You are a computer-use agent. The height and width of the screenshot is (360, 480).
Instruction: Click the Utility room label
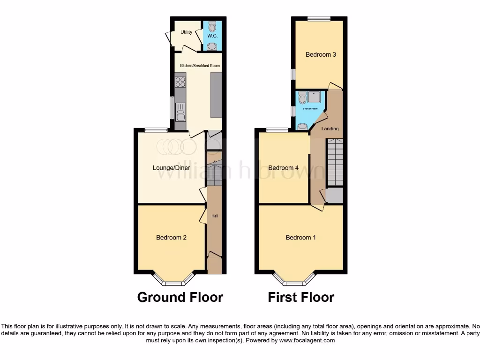click(186, 32)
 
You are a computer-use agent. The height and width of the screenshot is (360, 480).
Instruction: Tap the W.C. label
click(212, 36)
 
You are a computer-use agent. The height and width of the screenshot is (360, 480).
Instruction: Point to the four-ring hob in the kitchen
click(180, 82)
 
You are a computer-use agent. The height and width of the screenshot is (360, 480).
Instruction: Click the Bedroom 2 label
click(171, 238)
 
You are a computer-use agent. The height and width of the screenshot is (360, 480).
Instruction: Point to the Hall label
click(215, 216)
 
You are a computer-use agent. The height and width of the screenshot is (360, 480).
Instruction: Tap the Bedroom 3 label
click(321, 54)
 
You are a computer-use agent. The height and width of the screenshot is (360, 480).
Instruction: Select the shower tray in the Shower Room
click(314, 97)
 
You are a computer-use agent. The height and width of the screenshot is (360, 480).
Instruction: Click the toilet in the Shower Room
click(302, 98)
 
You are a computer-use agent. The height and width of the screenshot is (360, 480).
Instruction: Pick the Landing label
click(330, 128)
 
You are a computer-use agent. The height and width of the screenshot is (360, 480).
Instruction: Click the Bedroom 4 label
click(283, 168)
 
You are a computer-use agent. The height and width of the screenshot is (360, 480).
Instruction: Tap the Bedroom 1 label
click(300, 238)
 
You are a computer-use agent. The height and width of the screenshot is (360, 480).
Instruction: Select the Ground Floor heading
click(180, 297)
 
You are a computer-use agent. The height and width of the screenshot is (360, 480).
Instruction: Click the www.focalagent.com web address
click(307, 340)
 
